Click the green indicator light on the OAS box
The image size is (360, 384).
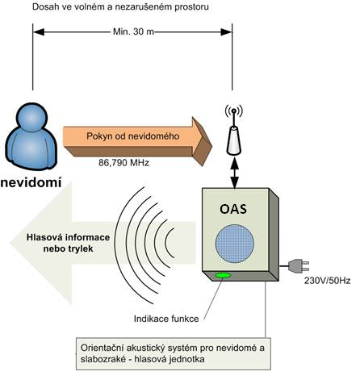pyautogui.click(x=223, y=275)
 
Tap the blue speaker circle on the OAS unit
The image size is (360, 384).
pyautogui.click(x=235, y=244)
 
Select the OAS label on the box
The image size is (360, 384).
pyautogui.click(x=233, y=209)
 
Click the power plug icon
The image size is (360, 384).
pyautogui.click(x=299, y=265)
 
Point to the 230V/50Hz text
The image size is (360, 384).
pyautogui.click(x=327, y=281)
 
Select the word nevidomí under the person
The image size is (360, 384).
pyautogui.click(x=31, y=182)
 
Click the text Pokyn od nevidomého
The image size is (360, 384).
pyautogui.click(x=133, y=136)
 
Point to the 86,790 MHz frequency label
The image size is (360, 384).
pyautogui.click(x=123, y=163)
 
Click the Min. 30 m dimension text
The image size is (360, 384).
pyautogui.click(x=133, y=31)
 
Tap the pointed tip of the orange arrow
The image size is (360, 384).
pyautogui.click(x=211, y=147)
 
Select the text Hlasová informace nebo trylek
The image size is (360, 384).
pyautogui.click(x=68, y=243)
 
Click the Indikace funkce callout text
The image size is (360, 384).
pyautogui.click(x=166, y=319)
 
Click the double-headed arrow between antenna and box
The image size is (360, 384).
pyautogui.click(x=235, y=172)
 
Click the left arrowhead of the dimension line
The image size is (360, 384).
pyautogui.click(x=39, y=32)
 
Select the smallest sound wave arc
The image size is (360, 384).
pyautogui.click(x=170, y=243)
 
